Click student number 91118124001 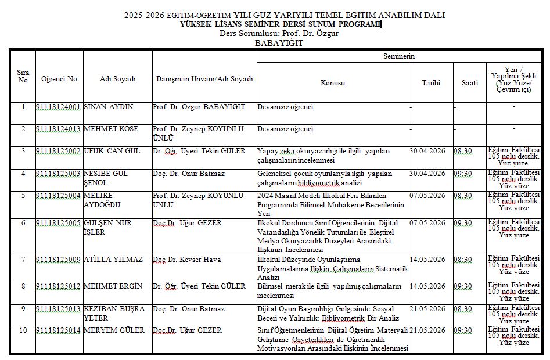(x=58, y=107)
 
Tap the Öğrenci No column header (x=59, y=79)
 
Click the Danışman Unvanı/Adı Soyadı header (x=204, y=79)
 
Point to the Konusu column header (x=332, y=83)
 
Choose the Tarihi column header (x=431, y=83)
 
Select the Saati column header (x=470, y=83)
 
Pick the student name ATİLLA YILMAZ (x=113, y=260)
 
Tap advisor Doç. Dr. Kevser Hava (x=186, y=260)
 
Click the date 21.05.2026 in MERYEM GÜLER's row (x=427, y=330)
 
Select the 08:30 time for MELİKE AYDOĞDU (x=463, y=196)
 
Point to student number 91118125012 (x=58, y=286)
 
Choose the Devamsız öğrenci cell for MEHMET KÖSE (x=285, y=129)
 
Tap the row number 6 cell (x=23, y=223)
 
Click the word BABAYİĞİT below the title (x=279, y=43)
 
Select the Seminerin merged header (x=399, y=56)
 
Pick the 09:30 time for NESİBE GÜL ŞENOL (x=463, y=174)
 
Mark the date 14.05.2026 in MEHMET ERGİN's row (x=427, y=286)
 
